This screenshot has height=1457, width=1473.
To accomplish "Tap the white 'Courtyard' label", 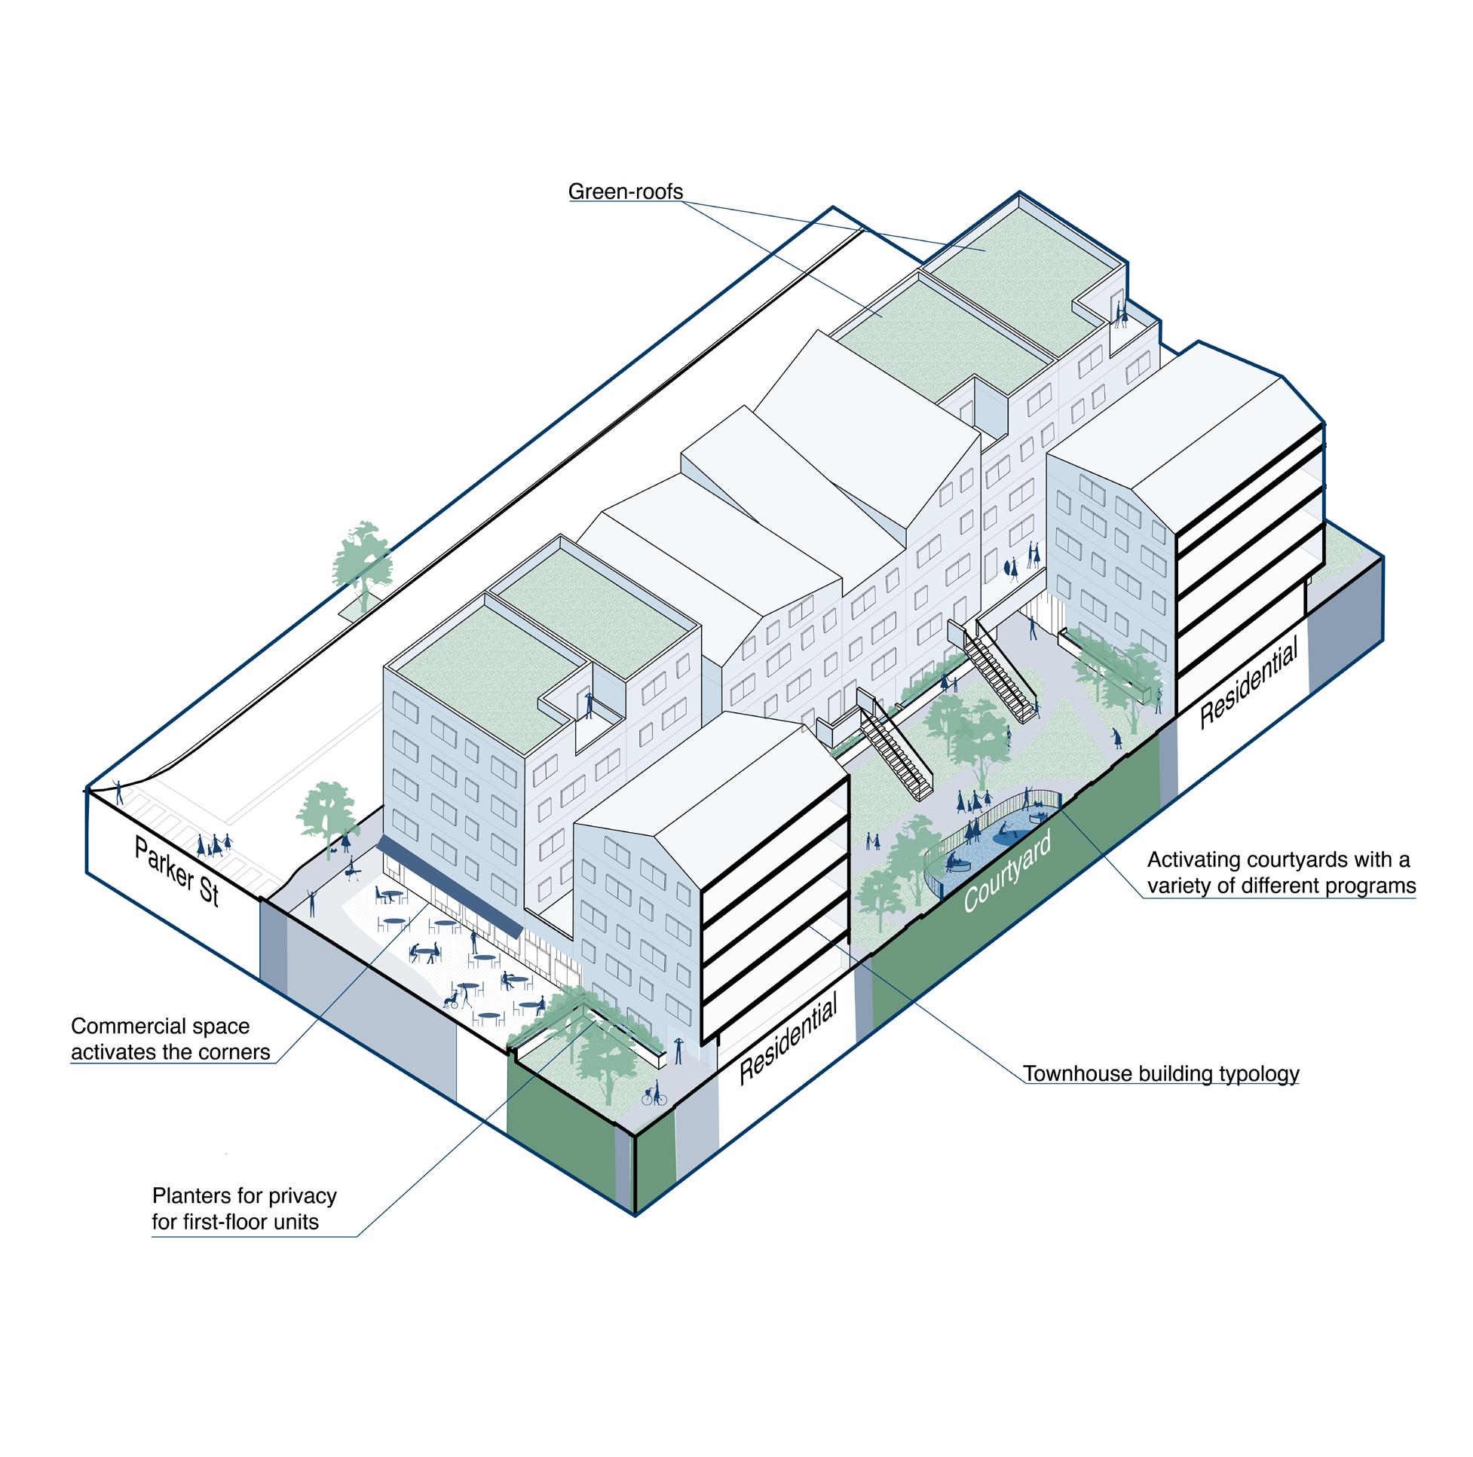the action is (1007, 871).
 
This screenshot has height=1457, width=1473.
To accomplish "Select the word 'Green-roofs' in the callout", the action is (625, 191).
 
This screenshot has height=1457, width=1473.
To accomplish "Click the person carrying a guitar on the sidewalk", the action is (352, 868).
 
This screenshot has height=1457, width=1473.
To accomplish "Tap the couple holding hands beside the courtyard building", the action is (1032, 554).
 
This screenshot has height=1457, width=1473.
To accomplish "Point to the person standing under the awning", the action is (474, 942).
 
